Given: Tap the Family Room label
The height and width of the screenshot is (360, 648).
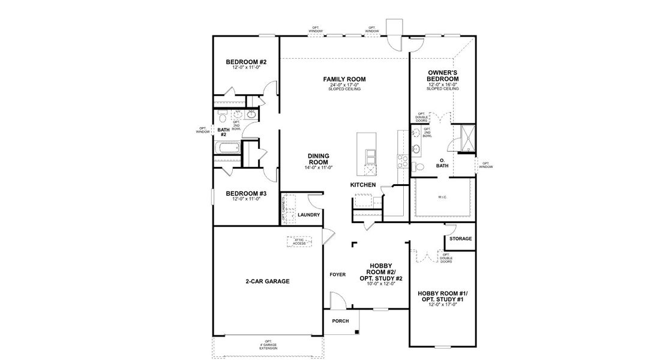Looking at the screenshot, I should click(344, 79).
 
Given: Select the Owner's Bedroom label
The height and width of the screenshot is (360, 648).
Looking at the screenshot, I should click(443, 76).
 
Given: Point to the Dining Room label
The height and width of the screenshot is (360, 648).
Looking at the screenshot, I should click(318, 159).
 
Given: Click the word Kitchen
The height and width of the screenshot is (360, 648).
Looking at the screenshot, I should click(363, 185).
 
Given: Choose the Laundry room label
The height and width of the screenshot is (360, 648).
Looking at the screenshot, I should click(308, 215).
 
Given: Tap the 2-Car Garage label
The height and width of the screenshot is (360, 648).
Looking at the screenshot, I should click(268, 281).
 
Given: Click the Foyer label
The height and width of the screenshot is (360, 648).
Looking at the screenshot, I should click(337, 275).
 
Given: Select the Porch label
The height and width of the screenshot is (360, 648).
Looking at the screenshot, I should click(340, 321).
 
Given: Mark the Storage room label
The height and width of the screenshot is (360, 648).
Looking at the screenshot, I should click(460, 239).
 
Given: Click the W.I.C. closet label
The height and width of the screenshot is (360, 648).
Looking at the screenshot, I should click(442, 197).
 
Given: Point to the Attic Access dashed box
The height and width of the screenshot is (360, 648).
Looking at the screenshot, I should click(300, 241).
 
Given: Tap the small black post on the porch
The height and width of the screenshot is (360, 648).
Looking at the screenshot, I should click(356, 332).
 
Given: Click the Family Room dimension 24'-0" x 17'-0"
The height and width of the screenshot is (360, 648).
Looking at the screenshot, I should click(344, 85).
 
